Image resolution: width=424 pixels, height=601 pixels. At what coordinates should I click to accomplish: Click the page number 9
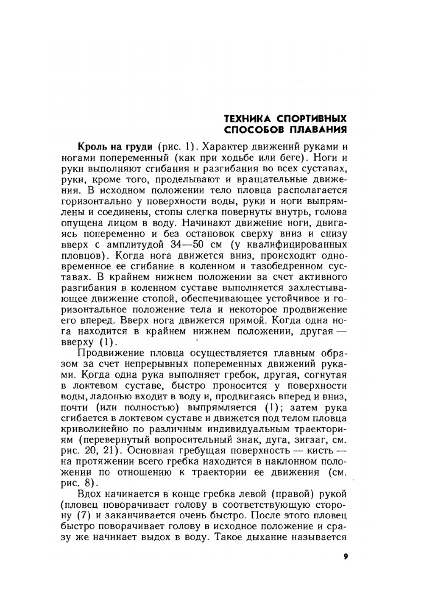coord(346,556)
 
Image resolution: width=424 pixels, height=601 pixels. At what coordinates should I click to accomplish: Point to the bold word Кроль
coord(91,147)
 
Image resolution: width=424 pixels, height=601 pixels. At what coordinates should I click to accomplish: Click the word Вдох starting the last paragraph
coord(90,494)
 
